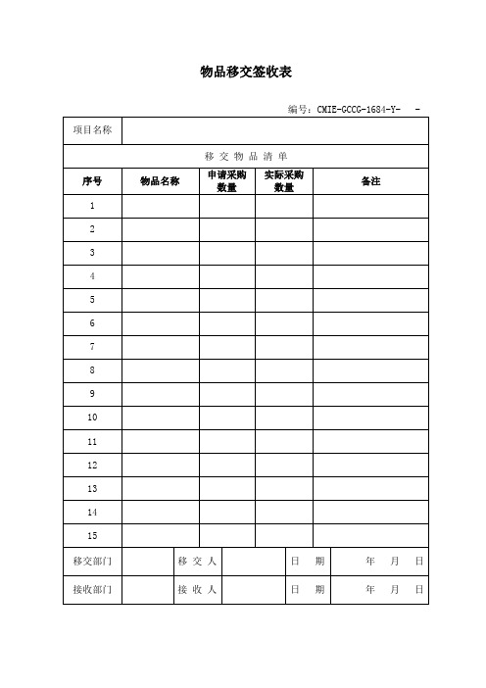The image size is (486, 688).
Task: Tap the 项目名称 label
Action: click(x=92, y=130)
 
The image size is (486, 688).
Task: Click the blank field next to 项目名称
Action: click(x=274, y=130)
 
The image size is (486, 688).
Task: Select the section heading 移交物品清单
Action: click(x=246, y=156)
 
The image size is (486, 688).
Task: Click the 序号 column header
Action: click(x=92, y=180)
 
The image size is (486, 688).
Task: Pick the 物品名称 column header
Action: click(x=160, y=180)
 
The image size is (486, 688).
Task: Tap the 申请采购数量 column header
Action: click(x=227, y=180)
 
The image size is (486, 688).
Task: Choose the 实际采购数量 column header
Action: click(x=284, y=180)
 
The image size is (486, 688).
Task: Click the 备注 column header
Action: click(x=370, y=180)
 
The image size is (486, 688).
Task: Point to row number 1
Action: click(x=92, y=206)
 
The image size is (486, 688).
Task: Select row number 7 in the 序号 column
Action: click(x=92, y=347)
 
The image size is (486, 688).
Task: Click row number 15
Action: click(x=92, y=535)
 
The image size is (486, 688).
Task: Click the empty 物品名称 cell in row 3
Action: click(x=160, y=253)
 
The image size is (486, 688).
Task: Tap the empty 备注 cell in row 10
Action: click(x=370, y=418)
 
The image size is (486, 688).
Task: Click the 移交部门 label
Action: click(x=92, y=562)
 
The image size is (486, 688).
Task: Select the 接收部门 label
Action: click(x=92, y=590)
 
